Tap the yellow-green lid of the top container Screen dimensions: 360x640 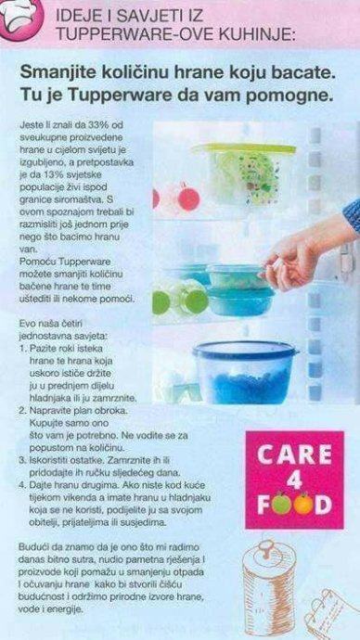[x=245, y=147]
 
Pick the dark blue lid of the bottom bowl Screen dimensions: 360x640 [x=245, y=350]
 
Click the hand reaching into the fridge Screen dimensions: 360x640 [x=302, y=252]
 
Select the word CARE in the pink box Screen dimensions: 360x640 [x=294, y=455]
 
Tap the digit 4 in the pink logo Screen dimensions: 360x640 [x=294, y=480]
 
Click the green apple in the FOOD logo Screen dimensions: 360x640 [x=282, y=505]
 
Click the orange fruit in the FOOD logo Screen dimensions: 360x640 [x=303, y=505]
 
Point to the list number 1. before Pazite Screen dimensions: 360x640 [x=23, y=350]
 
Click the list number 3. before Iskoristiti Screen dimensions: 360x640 [x=23, y=460]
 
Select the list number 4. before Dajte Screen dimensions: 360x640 [x=23, y=485]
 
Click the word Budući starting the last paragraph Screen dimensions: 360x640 [x=32, y=547]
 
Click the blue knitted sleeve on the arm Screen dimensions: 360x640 [x=352, y=214]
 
